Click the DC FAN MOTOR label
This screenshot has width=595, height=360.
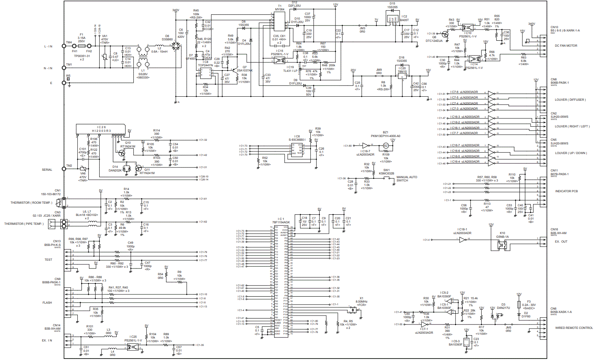pos(566,46)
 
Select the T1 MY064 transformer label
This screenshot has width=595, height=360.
pos(280,8)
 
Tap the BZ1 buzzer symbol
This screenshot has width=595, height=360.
pos(386,146)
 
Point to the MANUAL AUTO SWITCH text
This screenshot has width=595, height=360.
pos(407,179)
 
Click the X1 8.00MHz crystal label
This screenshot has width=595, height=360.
pos(361,300)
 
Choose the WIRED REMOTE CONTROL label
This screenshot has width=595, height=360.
pos(574,328)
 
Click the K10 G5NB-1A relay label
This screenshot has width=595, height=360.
pos(502,235)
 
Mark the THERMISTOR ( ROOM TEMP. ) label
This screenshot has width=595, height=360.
pos(31,203)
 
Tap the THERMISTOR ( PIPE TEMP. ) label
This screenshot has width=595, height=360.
pos(24,224)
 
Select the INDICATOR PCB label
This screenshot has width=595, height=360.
pos(566,191)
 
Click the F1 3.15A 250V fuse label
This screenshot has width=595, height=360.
pos(81,38)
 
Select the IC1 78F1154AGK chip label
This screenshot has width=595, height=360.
pos(281,221)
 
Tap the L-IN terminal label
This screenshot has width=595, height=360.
pos(48,47)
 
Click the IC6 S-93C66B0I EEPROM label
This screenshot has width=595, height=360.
pos(297,138)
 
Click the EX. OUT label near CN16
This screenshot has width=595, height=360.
pos(561,241)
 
